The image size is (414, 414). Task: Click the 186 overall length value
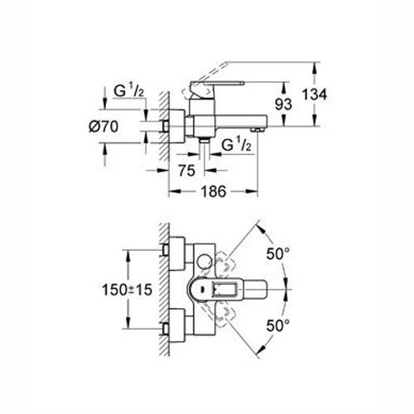click(x=215, y=191)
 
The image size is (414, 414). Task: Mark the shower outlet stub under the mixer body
click(x=202, y=142)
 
